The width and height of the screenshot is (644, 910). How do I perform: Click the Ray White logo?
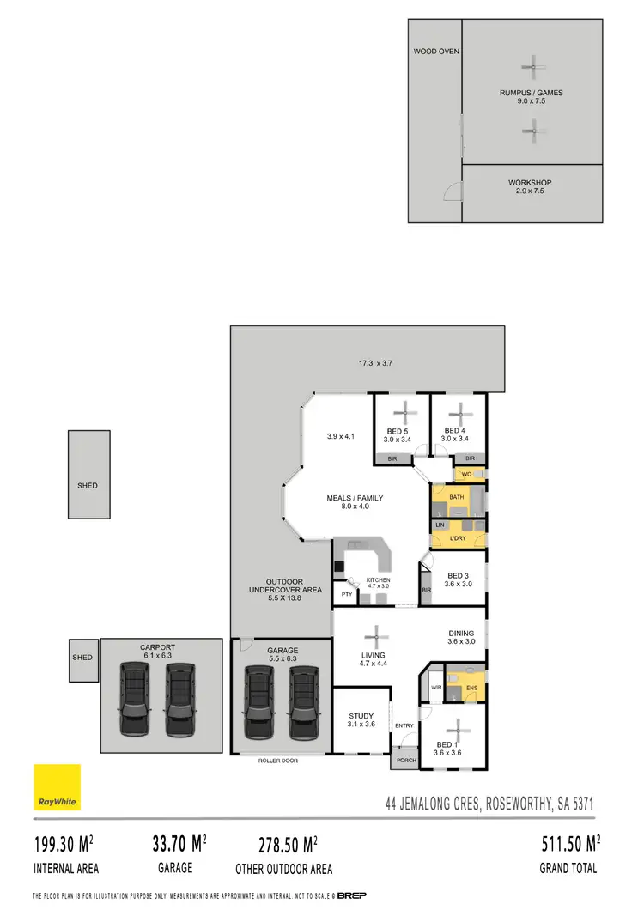58,787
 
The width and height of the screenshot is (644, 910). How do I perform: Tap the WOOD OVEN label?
436,52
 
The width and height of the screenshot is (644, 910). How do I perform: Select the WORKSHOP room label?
529,183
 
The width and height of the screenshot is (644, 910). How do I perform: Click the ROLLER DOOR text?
276,761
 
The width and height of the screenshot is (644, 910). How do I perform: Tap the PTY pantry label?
347,594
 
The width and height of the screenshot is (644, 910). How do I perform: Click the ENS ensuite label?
471,688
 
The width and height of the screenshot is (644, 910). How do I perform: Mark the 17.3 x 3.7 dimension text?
375,363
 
